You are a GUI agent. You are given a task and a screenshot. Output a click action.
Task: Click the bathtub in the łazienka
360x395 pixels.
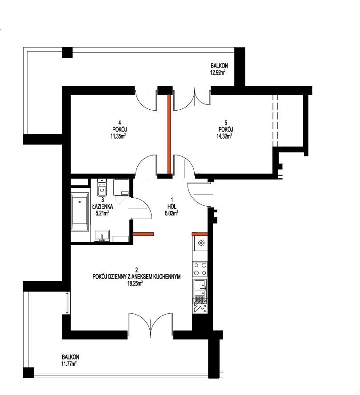point(80,212)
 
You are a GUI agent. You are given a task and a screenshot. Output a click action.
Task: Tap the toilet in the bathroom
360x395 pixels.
point(102,188)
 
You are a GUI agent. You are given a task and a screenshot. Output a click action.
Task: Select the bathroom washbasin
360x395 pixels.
point(102,235)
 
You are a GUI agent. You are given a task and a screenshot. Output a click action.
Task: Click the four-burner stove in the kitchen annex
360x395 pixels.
point(200,269)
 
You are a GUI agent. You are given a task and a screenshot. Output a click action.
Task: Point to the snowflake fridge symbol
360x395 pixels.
point(201,243)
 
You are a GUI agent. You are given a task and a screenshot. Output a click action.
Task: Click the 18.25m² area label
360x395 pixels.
point(136,283)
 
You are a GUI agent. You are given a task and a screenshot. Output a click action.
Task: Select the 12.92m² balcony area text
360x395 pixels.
point(218,73)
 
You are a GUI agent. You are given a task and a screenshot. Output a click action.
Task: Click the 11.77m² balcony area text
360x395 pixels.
point(69,364)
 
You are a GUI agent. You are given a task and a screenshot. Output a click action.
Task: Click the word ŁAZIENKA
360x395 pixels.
point(103,207)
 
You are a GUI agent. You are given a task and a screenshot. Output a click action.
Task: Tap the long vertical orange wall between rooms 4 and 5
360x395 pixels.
point(169,134)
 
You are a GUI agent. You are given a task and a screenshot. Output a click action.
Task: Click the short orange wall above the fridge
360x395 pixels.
point(200,234)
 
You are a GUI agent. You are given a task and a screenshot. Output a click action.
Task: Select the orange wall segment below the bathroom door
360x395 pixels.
point(143,234)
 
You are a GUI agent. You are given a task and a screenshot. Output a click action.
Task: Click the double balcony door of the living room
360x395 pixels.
point(150,325)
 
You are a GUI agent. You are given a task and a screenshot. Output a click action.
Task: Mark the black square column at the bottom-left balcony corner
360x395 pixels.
point(28,373)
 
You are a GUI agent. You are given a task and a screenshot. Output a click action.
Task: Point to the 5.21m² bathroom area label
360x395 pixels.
point(102,213)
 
